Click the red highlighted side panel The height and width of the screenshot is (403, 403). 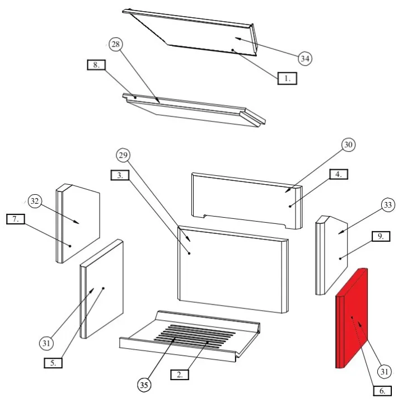[352, 318]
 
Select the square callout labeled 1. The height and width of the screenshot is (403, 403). [287, 78]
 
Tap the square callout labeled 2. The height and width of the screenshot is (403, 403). [180, 374]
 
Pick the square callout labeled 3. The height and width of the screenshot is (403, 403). [120, 175]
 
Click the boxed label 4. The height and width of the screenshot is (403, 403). [339, 174]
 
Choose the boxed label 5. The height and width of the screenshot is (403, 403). [53, 363]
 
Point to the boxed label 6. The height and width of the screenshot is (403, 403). [382, 391]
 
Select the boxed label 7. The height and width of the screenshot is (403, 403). [16, 219]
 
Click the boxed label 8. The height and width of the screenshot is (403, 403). [96, 65]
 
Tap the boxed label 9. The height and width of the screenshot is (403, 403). [381, 236]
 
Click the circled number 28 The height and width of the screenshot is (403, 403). [116, 44]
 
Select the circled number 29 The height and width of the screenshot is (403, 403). [123, 155]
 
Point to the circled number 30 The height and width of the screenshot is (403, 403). [348, 145]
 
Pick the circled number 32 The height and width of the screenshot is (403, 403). [35, 201]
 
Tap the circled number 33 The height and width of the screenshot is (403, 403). [388, 205]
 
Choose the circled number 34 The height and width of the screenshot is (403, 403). [305, 59]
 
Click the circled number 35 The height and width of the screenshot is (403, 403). [144, 385]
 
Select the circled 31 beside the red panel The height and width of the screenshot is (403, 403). [384, 372]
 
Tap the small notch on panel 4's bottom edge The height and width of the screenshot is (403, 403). [205, 216]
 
